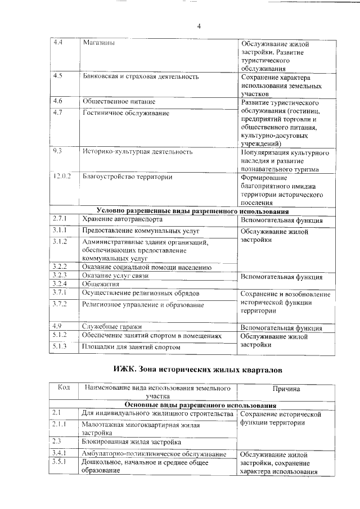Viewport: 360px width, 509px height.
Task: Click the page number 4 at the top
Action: pos(199,25)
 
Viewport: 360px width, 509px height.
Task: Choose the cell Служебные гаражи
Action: pos(111,326)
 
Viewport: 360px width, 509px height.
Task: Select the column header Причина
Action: pos(286,389)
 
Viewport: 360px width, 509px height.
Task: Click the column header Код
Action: pos(64,388)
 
